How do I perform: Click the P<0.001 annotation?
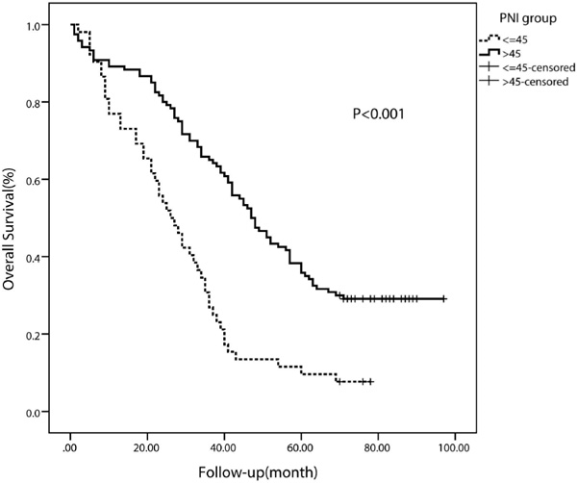click(x=377, y=114)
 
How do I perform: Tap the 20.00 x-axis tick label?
click(x=146, y=448)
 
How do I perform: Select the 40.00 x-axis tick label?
click(x=223, y=448)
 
